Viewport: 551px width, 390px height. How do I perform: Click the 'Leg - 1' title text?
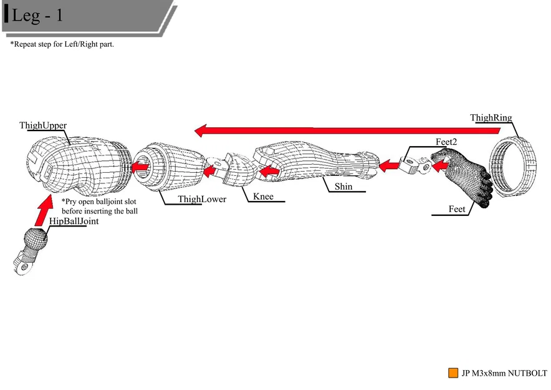coord(37,16)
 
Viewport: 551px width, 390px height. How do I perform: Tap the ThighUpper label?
coord(43,125)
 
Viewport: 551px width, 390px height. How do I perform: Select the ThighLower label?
coord(202,200)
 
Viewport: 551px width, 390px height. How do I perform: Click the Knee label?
coord(263,197)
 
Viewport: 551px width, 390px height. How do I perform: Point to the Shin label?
coord(343,187)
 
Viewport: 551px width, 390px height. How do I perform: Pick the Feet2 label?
coord(446,142)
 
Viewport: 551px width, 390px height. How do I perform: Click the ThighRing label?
coord(491,118)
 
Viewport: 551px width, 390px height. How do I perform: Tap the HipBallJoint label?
coord(74,222)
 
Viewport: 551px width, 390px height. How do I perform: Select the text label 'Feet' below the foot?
coord(457,210)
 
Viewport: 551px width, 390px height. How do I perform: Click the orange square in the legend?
coord(453,373)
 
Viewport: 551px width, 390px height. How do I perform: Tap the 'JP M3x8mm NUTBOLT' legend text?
coord(504,374)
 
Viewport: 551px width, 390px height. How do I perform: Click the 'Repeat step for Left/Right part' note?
coord(62,45)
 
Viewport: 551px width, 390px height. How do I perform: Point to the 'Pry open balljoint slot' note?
coord(100,207)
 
